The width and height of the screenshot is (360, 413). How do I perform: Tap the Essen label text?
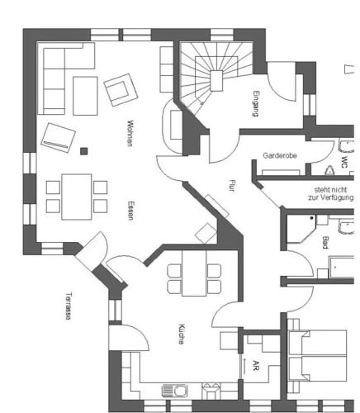tap(130, 211)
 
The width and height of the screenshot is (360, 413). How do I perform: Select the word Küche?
tap(181, 334)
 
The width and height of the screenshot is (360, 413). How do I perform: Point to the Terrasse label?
tap(69, 306)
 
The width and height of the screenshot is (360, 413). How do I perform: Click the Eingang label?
tap(256, 104)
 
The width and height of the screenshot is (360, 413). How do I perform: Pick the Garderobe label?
tap(280, 155)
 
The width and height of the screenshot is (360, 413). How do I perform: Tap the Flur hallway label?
tap(233, 186)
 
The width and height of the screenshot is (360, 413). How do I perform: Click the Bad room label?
tap(325, 243)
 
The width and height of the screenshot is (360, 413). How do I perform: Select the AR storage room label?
tap(256, 365)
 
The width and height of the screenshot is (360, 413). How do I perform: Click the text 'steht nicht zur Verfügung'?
tap(330, 193)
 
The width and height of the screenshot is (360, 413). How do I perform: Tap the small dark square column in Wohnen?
tap(84, 151)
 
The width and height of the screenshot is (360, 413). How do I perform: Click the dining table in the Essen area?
tap(77, 197)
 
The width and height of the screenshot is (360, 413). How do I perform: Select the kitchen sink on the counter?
tap(175, 391)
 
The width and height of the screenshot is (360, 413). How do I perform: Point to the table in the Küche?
tap(194, 273)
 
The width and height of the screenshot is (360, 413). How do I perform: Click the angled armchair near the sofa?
tap(121, 90)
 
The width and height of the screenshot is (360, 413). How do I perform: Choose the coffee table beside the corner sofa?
tap(85, 96)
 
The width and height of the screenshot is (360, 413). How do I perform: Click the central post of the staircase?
tap(216, 81)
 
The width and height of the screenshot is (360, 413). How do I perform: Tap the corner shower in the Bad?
tap(301, 229)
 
